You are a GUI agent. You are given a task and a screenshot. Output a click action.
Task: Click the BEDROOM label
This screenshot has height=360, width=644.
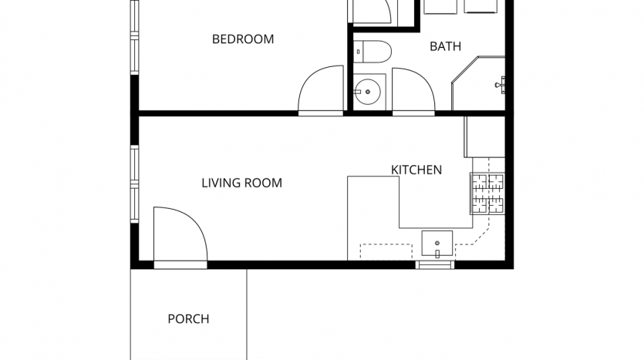243,39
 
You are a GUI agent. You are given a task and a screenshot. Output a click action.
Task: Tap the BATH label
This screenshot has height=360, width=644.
445,46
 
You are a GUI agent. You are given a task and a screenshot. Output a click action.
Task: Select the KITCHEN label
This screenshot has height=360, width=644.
416,170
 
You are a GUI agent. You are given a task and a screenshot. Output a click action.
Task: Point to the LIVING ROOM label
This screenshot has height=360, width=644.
241,183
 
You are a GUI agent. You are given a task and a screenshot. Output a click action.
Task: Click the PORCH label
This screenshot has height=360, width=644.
188,319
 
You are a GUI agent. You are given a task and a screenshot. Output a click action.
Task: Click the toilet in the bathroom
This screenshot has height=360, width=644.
372,52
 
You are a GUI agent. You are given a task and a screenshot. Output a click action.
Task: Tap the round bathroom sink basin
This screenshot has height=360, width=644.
368,92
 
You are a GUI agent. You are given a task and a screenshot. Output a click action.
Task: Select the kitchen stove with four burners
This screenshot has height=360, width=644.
487,193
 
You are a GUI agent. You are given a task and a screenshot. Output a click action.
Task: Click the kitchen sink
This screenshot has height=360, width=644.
437,244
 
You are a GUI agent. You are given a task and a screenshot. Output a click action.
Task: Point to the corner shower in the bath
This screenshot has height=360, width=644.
478,84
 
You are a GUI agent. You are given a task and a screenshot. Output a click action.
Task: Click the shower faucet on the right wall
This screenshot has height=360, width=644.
501,85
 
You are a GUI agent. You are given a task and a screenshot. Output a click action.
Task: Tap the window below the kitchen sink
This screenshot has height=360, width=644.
435,264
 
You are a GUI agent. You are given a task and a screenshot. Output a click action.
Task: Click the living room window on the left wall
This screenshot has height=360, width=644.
135,184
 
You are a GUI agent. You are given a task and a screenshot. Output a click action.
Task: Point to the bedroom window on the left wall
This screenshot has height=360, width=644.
135,37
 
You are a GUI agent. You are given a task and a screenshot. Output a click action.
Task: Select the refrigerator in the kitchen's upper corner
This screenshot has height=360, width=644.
485,136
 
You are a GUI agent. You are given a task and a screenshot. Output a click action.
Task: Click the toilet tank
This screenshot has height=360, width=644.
358,52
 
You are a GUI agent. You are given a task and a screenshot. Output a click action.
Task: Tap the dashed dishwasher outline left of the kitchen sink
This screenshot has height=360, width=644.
386,251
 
